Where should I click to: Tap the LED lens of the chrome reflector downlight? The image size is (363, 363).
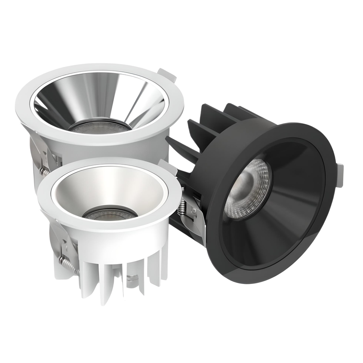[x=99, y=127]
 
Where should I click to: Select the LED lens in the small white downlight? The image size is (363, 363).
[x=110, y=213]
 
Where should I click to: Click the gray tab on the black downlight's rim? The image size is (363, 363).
[x=340, y=175]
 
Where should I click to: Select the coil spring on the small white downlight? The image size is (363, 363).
[x=69, y=265]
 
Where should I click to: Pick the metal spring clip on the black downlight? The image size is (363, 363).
[x=193, y=220]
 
